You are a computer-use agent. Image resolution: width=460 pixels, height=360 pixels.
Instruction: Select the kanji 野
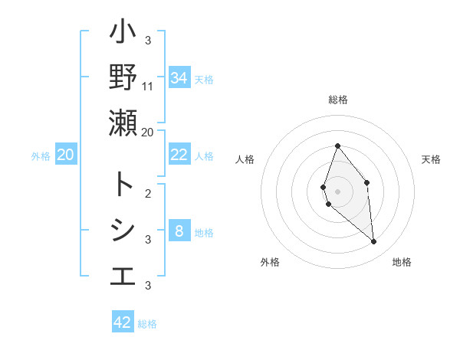tap(123, 77)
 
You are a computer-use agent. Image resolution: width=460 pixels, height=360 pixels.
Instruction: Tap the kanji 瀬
tap(123, 123)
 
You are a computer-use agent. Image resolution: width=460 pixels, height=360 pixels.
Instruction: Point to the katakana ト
tap(123, 184)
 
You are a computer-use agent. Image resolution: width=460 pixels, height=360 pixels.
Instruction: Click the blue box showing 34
tap(179, 77)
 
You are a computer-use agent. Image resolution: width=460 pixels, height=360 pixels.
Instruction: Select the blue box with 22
tap(179, 155)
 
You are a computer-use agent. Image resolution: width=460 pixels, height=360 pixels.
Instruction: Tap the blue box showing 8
tap(179, 231)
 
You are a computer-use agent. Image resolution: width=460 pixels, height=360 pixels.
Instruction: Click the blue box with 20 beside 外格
tap(65, 155)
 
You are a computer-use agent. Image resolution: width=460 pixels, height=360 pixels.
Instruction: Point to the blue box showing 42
tap(122, 322)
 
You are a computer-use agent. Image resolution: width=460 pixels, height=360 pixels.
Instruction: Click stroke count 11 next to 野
tap(148, 86)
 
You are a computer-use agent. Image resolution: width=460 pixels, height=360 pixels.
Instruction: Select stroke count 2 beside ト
tap(148, 192)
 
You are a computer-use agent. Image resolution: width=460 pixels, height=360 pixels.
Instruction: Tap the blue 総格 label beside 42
tap(147, 324)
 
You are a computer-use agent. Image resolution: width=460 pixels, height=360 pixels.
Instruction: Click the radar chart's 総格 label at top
tap(337, 100)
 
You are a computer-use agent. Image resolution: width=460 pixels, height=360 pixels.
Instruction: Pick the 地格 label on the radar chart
tap(402, 262)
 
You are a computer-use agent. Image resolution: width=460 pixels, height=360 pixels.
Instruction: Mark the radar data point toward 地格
tap(374, 242)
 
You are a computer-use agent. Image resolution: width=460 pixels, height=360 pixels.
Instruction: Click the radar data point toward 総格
tap(337, 146)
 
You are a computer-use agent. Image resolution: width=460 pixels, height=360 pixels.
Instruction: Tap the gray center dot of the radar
tap(337, 191)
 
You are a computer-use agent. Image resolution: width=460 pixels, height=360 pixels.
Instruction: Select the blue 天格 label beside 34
tap(204, 79)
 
